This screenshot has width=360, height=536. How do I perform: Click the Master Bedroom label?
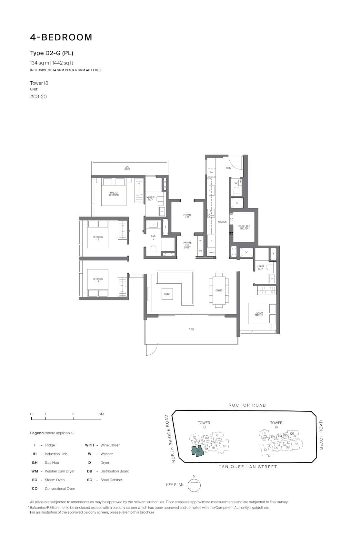pos(114,194)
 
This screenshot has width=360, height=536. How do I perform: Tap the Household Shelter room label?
pos(244,227)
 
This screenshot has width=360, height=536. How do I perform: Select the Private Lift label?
pos(187,216)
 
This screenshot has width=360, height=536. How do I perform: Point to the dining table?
pos(219,290)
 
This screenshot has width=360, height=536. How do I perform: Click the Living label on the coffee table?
pos(167,294)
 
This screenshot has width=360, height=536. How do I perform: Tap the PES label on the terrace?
pos(192,329)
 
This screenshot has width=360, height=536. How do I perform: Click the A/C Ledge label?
pos(127,168)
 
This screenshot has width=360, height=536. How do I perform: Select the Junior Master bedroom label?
pos(259,314)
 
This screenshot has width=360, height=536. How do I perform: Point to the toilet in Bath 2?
pos(154,249)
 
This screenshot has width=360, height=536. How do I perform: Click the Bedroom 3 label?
pos(98,280)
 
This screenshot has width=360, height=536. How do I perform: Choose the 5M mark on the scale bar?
pos(101,414)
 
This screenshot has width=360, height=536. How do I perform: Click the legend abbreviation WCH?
pos(89,445)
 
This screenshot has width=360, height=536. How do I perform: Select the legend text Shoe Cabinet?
pos(111,480)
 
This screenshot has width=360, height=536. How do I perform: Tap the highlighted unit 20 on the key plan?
pos(198,451)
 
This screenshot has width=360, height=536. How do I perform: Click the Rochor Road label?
pos(247,405)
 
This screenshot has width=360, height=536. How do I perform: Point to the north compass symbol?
pos(194,485)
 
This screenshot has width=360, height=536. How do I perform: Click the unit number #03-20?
pos(38,96)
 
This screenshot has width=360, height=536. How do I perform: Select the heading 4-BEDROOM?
pos(61,37)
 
